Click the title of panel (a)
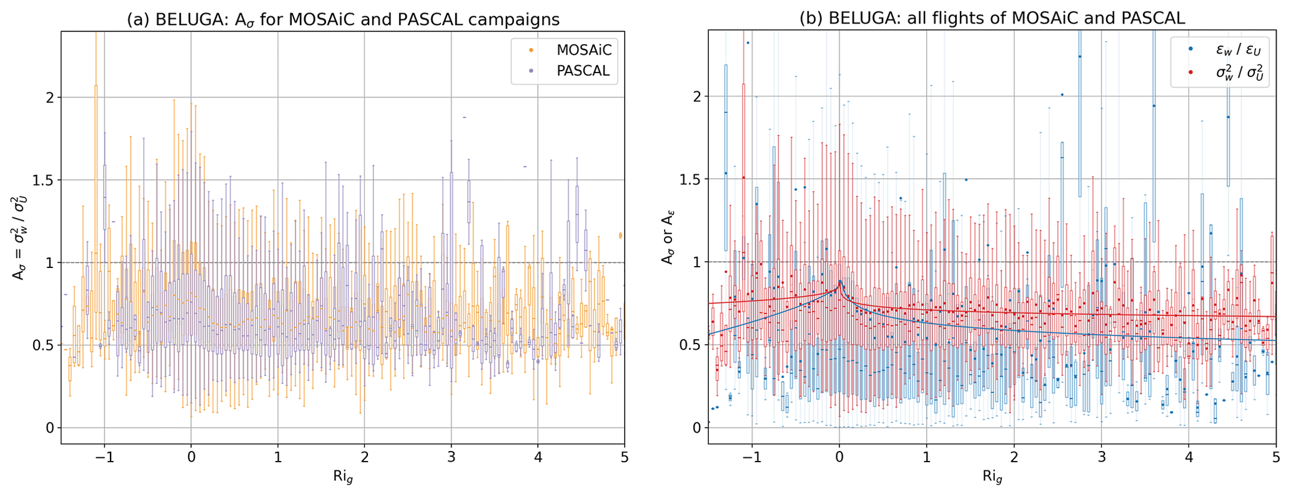343,19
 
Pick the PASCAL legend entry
583,71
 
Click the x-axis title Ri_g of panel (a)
343,477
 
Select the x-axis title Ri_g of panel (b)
992,477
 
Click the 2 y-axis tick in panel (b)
693,97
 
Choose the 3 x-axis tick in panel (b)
1101,457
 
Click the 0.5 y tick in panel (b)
690,345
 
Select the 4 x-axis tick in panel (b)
1189,457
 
